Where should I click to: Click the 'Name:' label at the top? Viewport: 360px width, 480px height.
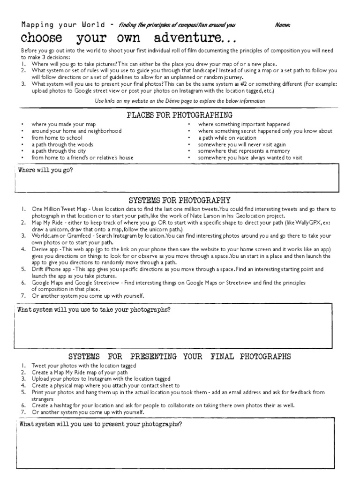282,25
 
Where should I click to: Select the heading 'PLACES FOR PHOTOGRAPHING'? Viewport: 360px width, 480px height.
180,115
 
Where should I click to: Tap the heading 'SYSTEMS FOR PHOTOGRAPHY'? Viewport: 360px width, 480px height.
180,200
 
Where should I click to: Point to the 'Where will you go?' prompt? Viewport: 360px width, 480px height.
45,170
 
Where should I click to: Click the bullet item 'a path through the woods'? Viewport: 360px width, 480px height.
62,144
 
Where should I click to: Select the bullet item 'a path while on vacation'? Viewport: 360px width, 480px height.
227,138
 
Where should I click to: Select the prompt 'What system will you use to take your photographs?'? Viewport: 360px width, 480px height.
94,310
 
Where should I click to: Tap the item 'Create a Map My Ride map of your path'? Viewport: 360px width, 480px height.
79,372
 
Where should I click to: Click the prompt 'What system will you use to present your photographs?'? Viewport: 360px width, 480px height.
101,424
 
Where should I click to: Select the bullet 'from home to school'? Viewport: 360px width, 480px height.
57,138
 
